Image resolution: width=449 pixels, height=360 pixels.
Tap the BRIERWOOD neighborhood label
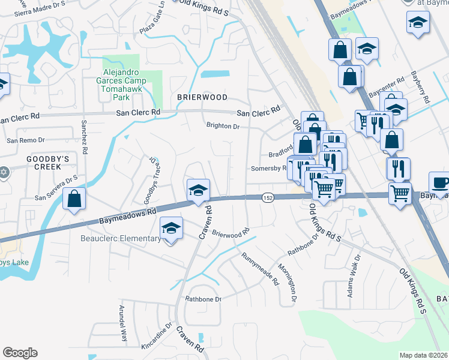click(202, 97)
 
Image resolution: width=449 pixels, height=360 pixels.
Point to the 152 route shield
click(268, 197)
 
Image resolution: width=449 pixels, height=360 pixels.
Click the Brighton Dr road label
click(223, 127)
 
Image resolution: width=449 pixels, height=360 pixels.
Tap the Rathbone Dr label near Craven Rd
click(203, 299)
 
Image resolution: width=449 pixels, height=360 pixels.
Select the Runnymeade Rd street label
click(261, 268)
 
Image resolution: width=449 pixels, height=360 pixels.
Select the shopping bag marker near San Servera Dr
click(74, 199)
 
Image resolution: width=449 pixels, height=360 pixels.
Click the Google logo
click(20, 353)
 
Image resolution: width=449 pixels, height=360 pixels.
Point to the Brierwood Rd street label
click(230, 233)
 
